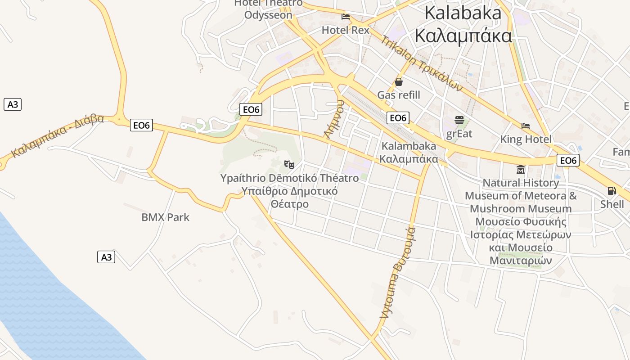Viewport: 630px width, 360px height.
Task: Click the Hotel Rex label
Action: pos(345,30)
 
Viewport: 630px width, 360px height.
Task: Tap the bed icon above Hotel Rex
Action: pos(346,17)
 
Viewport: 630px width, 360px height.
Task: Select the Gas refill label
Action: pos(398,95)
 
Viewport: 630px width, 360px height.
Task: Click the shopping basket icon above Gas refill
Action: pos(398,82)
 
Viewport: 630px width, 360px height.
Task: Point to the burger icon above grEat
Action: pos(459,120)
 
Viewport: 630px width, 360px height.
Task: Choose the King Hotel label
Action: pos(526,139)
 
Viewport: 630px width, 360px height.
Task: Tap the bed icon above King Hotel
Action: pos(526,126)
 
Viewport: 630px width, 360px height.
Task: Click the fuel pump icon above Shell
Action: pos(612,191)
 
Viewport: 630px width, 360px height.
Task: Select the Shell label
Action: pos(612,204)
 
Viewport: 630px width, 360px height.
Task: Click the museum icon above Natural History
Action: pos(521,170)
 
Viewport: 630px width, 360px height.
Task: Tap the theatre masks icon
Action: pos(289,165)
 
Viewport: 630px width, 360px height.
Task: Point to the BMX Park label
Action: pos(165,217)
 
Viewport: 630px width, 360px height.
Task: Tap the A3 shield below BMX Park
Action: pos(106,257)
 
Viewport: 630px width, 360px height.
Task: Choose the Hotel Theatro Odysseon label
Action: pos(268,9)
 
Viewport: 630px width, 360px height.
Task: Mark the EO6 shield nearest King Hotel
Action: pos(568,160)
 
